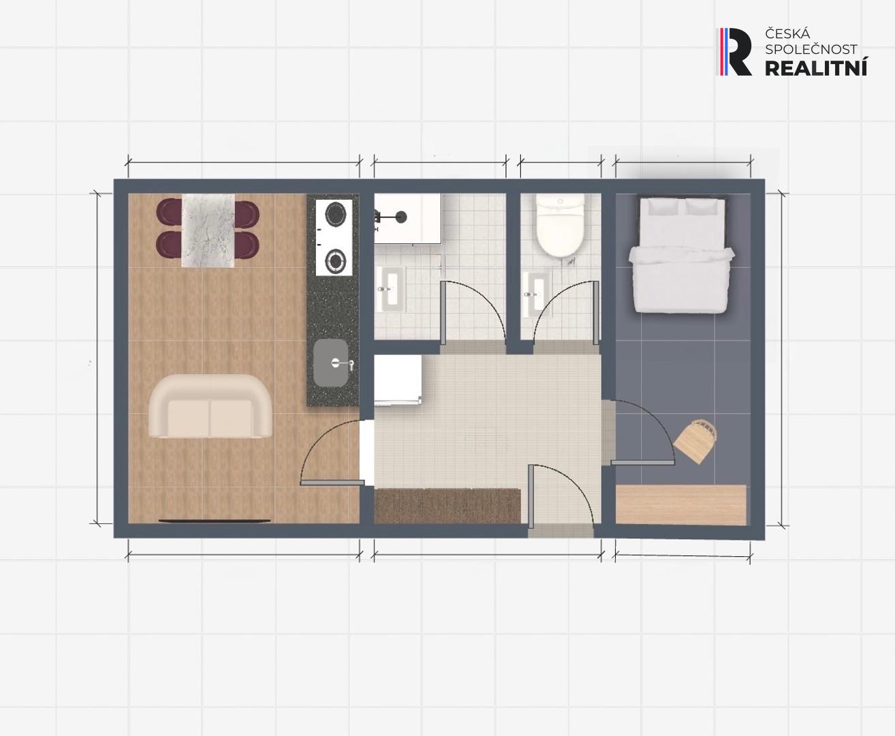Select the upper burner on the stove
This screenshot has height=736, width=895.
(335, 214)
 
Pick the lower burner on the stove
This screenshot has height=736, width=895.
(335, 260)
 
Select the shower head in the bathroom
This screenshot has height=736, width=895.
(401, 217)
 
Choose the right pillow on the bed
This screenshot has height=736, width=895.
(704, 206)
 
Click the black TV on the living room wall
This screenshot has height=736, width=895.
(215, 521)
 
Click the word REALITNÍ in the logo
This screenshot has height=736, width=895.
(816, 67)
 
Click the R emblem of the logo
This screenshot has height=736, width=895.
(736, 52)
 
